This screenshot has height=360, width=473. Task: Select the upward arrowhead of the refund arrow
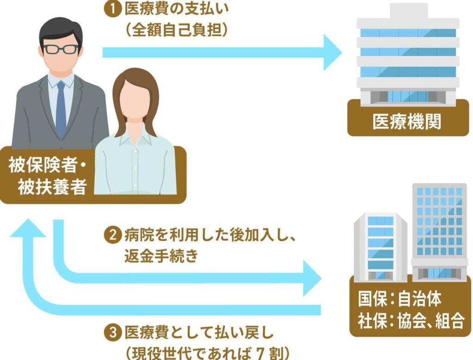click(x=28, y=229)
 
